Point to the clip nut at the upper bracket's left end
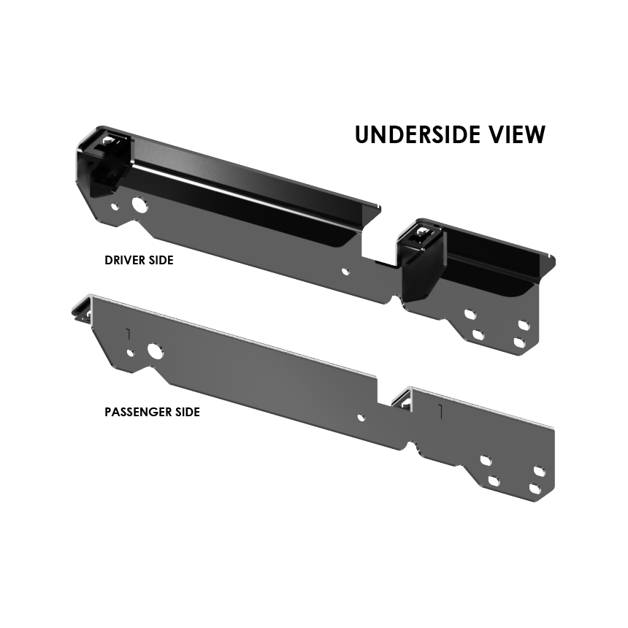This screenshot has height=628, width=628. pos(110,142)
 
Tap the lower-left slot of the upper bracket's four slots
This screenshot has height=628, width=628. pos(478,335)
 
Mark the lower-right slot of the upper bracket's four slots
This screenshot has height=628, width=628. pos(518,342)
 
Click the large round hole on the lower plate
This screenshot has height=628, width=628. pos(156,351)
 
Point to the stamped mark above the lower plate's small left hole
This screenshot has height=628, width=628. pos(128,334)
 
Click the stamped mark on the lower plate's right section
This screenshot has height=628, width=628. pos(440,411)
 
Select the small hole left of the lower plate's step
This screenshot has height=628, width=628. pos(360,418)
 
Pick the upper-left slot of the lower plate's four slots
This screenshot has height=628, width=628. pos(484,462)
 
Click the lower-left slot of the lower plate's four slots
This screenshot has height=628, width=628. pos(493,481)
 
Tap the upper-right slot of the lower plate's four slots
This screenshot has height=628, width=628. pos(539,472)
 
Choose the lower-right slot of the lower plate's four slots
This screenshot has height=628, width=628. pos(535,490)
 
